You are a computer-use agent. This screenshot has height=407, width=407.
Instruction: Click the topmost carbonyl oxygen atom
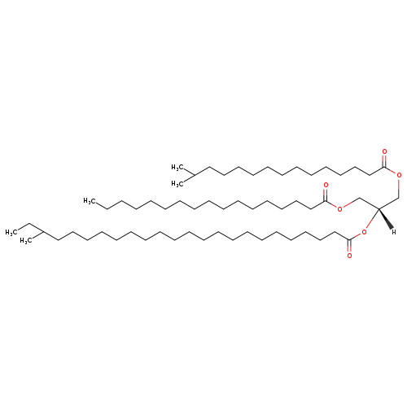click(x=384, y=151)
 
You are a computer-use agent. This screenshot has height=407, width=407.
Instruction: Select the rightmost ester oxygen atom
click(x=399, y=175)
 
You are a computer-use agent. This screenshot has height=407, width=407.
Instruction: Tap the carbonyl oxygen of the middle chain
click(x=326, y=185)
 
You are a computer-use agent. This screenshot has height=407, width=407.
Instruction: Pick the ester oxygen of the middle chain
click(x=339, y=208)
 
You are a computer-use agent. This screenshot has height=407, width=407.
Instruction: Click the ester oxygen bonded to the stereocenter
click(x=364, y=232)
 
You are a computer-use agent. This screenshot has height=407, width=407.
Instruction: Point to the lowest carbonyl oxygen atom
click(x=349, y=256)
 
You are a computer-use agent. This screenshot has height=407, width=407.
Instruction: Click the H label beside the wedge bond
click(x=394, y=232)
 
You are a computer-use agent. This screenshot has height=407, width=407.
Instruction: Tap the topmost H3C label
click(x=177, y=168)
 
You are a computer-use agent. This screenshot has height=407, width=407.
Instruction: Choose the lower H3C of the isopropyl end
click(x=177, y=184)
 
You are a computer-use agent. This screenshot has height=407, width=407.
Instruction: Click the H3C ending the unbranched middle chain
click(x=89, y=201)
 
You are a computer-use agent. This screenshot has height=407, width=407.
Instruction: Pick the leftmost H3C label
click(x=11, y=232)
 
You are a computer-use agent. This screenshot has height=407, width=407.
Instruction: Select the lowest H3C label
click(x=25, y=241)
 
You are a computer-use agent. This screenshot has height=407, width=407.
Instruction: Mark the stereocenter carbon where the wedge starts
click(x=379, y=208)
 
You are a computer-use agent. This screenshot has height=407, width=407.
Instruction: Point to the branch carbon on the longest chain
click(x=43, y=232)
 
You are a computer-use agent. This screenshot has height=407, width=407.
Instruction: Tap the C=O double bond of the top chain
click(x=384, y=161)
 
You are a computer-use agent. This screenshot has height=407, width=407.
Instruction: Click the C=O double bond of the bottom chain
click(x=349, y=246)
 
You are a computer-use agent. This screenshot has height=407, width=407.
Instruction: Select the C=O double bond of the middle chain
click(x=326, y=195)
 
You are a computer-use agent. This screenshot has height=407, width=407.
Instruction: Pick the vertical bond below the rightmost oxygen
click(x=399, y=188)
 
